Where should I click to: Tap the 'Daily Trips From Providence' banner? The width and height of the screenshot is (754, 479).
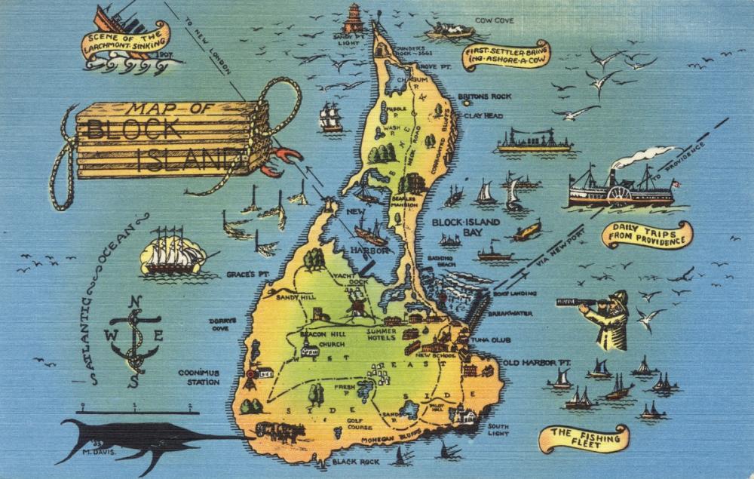click(x=646, y=235)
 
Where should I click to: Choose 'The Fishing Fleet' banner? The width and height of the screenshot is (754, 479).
click(x=584, y=438)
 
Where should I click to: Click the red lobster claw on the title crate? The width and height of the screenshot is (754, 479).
click(x=287, y=156)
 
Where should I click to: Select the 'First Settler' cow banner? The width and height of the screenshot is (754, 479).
click(x=506, y=55)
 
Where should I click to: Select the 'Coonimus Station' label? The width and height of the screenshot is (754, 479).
click(x=199, y=377)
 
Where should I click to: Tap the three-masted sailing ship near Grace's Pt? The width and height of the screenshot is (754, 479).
click(x=173, y=251)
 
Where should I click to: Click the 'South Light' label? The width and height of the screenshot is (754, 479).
click(x=498, y=430)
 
